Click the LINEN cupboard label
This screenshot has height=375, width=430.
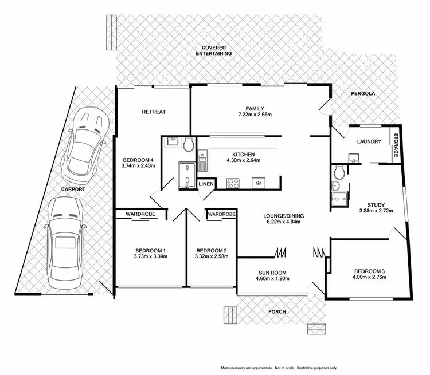(206, 184)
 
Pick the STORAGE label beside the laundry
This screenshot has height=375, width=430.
(395, 145)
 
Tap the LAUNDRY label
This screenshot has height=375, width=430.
(369, 141)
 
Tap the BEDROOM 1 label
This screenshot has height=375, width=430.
(151, 251)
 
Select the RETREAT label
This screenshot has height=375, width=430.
(154, 112)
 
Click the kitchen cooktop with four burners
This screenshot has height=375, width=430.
(233, 184)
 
